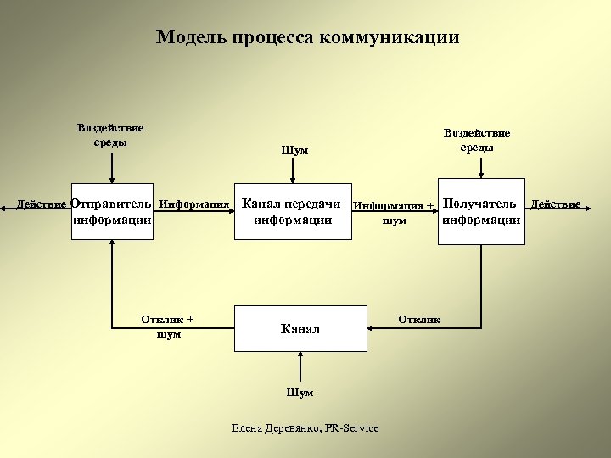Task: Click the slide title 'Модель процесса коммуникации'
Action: pos(308,37)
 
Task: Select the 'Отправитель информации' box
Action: pos(112,211)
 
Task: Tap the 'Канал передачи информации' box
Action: pos(292,211)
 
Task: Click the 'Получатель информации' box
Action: pos(480,211)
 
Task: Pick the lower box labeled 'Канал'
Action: pos(300,328)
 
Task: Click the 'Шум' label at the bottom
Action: pos(300,393)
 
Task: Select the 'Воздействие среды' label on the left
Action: pos(110,135)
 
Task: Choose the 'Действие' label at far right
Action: pos(556,204)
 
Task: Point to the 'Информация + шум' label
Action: pos(394,213)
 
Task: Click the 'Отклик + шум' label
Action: pos(167,327)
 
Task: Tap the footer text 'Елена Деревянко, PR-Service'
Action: pos(305,428)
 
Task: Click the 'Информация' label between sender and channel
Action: pos(194,204)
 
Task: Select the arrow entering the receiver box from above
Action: pos(480,166)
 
